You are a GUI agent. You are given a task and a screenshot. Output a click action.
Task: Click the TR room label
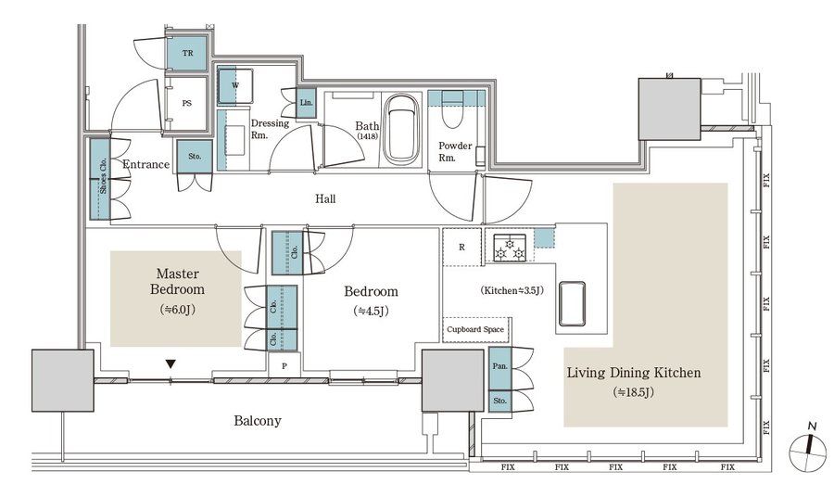(187, 53)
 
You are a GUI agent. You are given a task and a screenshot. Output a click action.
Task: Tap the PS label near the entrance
(186, 103)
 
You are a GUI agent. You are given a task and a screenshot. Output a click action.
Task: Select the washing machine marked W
(235, 85)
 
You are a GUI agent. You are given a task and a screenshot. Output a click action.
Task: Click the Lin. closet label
(306, 102)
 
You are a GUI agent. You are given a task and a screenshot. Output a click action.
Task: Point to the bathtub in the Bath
(400, 130)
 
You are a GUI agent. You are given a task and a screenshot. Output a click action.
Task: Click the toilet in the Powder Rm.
(452, 110)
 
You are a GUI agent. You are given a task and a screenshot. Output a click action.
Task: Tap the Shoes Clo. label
(103, 175)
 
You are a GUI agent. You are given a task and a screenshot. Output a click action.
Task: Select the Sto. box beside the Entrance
(195, 157)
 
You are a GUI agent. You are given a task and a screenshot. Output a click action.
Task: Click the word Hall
(325, 198)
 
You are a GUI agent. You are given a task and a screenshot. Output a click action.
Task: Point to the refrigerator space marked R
(462, 247)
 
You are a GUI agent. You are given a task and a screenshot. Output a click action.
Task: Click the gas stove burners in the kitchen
(509, 248)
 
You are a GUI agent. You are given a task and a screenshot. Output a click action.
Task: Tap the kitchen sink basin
(572, 303)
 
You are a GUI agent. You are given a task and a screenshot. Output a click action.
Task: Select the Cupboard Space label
(475, 329)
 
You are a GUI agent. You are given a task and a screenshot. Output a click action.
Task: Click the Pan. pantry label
(500, 366)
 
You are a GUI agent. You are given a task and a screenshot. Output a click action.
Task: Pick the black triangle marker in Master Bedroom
(171, 364)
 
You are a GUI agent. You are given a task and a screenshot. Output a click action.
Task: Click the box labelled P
(284, 366)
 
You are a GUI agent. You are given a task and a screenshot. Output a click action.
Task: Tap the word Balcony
(258, 421)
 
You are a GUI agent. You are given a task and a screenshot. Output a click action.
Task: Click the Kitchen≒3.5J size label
(512, 290)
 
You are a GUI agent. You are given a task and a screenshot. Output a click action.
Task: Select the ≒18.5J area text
(633, 392)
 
